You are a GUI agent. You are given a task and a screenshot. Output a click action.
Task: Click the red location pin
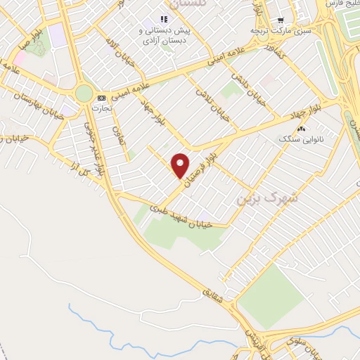(181, 165)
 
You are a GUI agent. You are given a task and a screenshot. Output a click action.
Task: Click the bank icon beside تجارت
(102, 98)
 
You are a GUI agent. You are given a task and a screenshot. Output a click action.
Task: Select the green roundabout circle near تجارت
(84, 94)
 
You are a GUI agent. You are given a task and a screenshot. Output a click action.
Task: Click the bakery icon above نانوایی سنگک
(302, 129)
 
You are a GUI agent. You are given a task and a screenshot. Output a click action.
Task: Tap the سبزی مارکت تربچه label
(281, 31)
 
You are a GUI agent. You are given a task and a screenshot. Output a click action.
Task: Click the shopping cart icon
(281, 20)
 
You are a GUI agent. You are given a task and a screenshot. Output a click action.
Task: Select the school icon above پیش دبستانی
(164, 20)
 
